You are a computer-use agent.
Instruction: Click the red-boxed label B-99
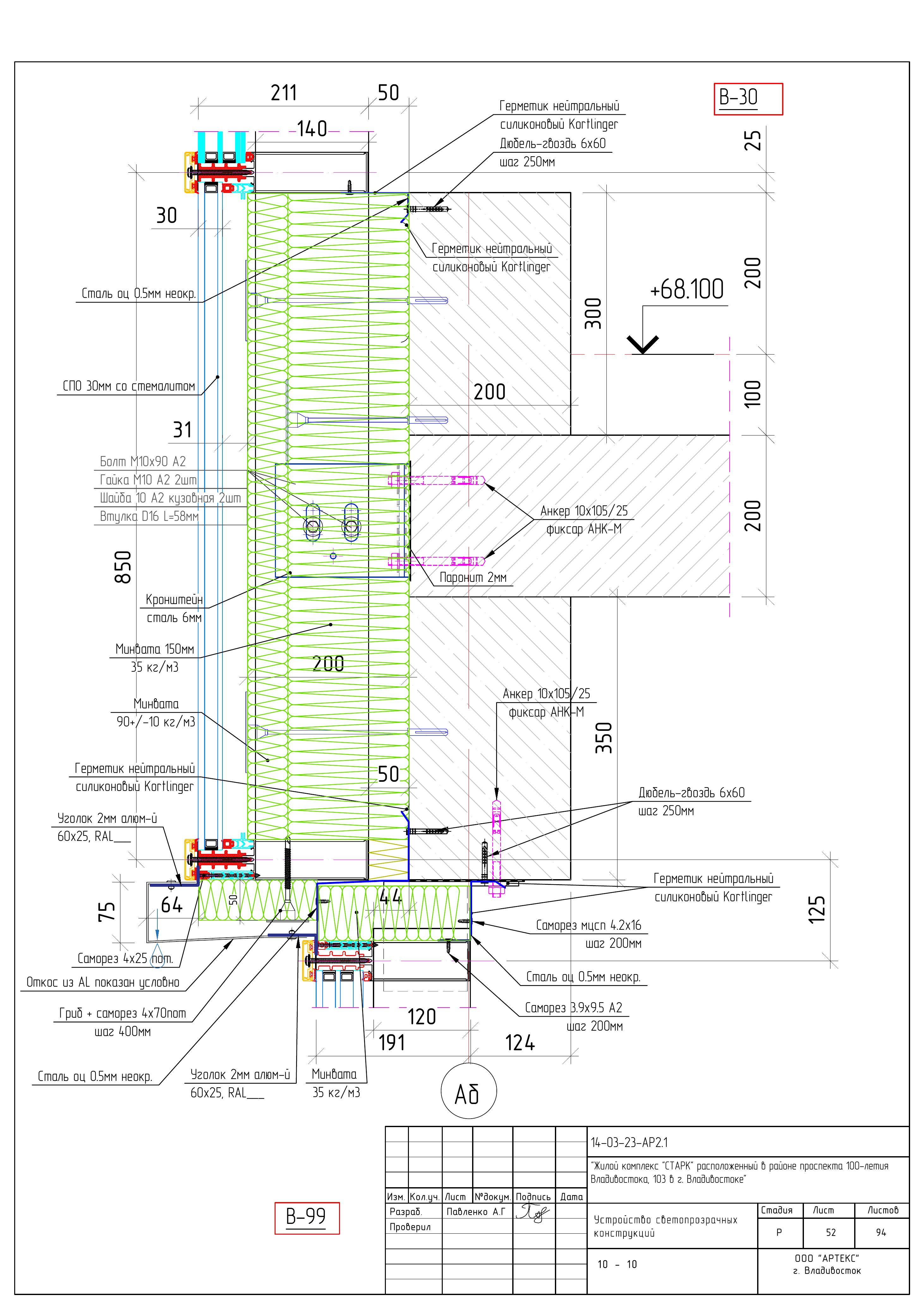coord(307,1218)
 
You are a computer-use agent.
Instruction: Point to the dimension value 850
coord(123,567)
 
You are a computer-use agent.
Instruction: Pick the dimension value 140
coord(312,129)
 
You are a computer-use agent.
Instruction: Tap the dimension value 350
coord(604,738)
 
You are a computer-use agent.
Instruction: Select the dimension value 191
coord(392,1043)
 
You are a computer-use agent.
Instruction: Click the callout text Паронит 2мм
coord(473,578)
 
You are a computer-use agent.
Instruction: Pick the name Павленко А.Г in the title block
coord(476,1212)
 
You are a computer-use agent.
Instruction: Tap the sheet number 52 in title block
coord(831,1232)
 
